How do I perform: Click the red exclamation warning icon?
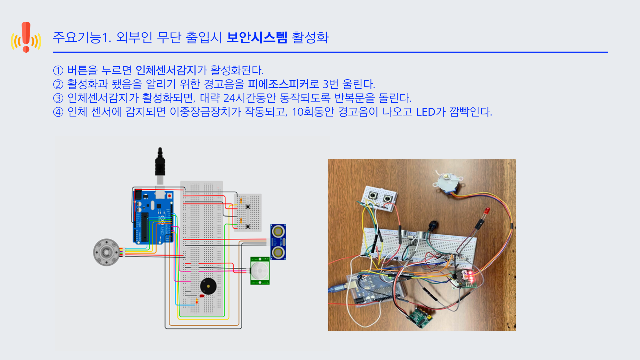click(26, 37)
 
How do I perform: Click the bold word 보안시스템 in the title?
click(257, 37)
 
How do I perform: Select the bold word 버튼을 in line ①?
click(82, 70)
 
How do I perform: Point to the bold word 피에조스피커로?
click(283, 84)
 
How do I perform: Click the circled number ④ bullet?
click(58, 112)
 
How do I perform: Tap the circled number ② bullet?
click(58, 84)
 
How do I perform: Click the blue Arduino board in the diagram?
click(153, 217)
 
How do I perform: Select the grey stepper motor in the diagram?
click(106, 252)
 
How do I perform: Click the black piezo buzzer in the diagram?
click(208, 286)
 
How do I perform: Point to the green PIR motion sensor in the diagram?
click(260, 271)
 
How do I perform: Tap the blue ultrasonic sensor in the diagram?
click(278, 242)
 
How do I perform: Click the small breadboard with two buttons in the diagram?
click(248, 212)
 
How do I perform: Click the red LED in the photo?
click(487, 211)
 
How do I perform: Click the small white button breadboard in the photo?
click(380, 199)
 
